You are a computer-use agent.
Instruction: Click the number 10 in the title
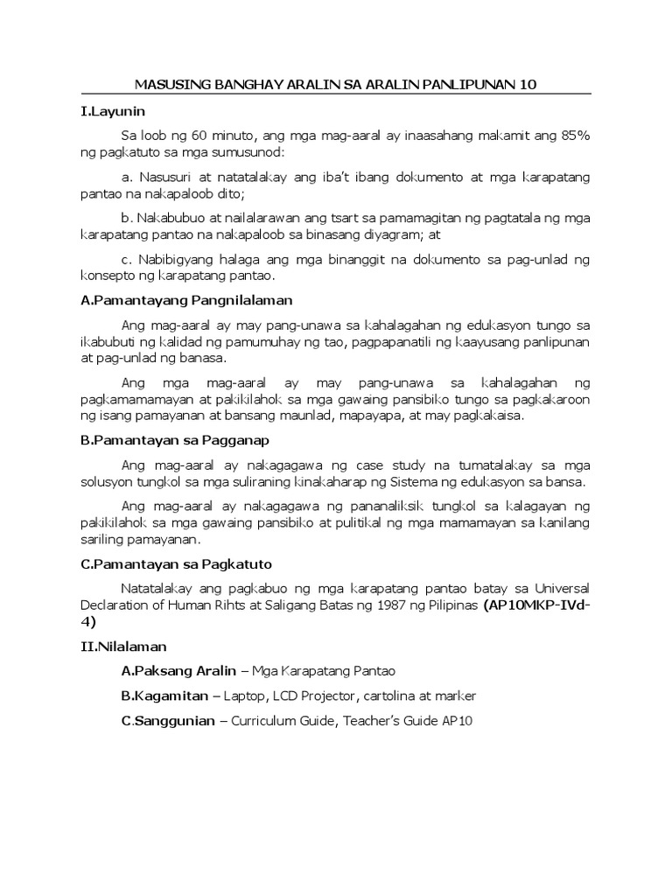click(527, 85)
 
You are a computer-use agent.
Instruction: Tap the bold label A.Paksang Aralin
click(178, 671)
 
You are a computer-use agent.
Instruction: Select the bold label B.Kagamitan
click(165, 696)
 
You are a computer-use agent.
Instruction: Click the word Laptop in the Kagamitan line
click(243, 696)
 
